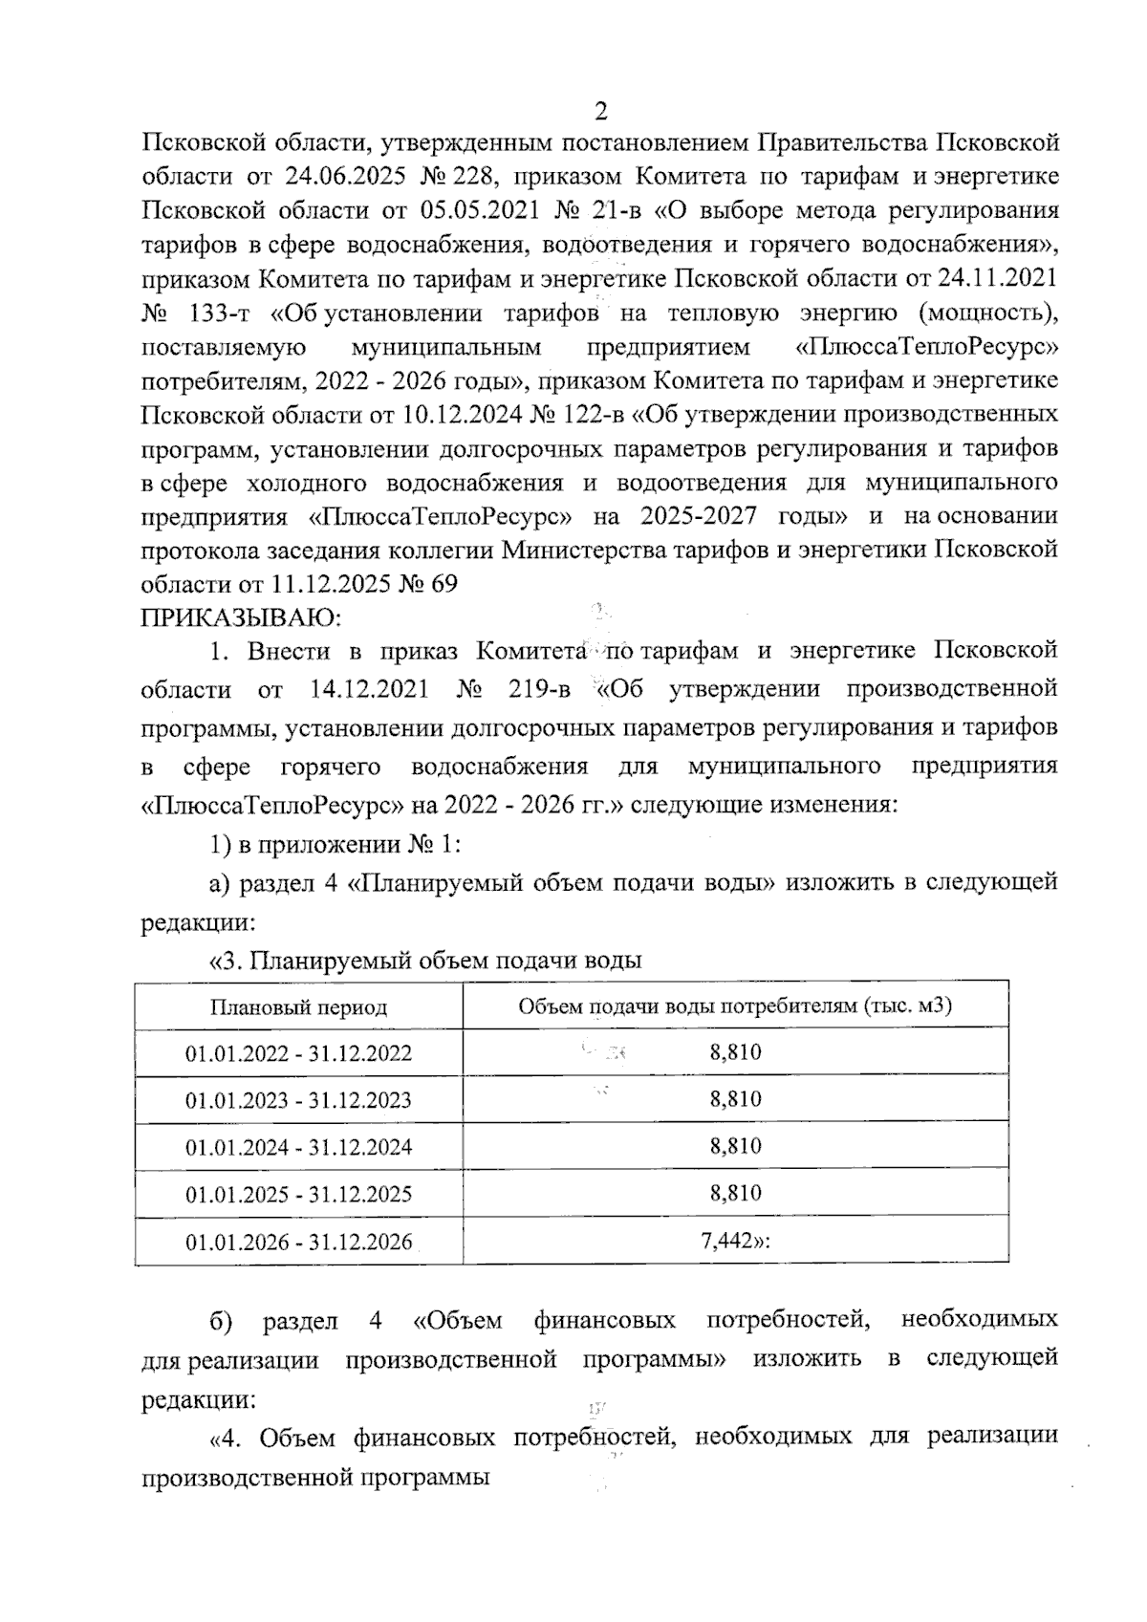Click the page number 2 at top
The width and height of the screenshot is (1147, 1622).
click(600, 112)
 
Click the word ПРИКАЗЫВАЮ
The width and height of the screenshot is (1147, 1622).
click(240, 617)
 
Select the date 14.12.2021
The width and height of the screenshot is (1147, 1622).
click(369, 689)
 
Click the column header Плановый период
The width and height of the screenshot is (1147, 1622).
click(298, 1007)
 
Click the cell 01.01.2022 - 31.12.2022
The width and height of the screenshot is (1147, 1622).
click(298, 1053)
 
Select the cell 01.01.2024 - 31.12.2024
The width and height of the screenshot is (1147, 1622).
click(298, 1147)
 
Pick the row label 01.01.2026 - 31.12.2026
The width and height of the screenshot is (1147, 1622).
click(298, 1242)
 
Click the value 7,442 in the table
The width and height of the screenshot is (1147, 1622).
click(731, 1242)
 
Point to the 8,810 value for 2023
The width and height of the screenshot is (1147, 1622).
click(735, 1099)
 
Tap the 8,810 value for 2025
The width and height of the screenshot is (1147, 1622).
click(735, 1194)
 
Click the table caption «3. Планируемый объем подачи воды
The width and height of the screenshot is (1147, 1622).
click(424, 961)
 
